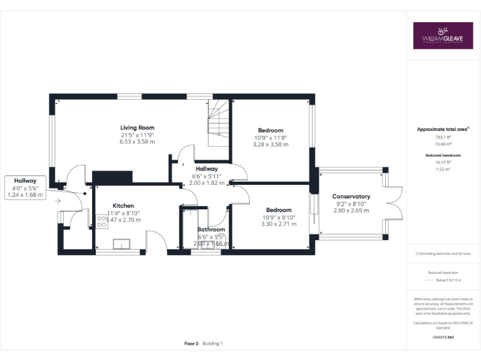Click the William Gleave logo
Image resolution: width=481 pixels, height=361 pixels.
[442, 36]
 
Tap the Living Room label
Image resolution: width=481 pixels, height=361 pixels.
[138, 128]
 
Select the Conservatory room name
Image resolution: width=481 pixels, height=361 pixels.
[351, 196]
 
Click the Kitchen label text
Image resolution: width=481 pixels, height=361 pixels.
[123, 206]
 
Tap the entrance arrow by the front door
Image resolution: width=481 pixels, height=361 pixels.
[58, 201]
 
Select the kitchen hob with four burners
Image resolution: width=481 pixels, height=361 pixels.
[102, 221]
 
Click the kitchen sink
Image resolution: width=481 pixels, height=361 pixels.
[122, 244]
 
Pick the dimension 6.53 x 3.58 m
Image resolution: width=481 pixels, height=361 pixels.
[138, 142]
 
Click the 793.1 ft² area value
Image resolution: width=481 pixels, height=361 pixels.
[443, 137]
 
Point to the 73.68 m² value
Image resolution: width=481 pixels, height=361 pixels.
[443, 144]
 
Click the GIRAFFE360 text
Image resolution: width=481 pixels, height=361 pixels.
[443, 337]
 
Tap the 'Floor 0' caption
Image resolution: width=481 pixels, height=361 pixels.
[191, 343]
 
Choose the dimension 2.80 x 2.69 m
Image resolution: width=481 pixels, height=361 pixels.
[351, 211]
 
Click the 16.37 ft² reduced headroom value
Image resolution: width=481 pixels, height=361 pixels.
[443, 162]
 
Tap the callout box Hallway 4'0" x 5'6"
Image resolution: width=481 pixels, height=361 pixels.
[26, 187]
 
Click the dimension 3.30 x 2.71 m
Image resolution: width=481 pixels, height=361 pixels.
[279, 224]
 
